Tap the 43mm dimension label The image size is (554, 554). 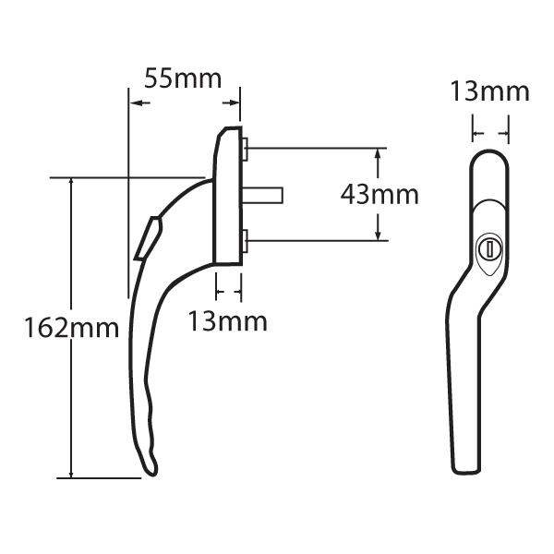pos(379,195)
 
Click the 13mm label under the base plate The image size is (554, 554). pos(227,321)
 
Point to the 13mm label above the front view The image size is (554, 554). pos(489,91)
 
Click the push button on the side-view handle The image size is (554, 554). pos(147,236)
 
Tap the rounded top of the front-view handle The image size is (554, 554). pos(488,159)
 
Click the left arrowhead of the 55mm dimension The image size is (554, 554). pos(134,102)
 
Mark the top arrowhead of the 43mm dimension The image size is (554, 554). pos(378,151)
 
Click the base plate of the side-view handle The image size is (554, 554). pos(228,199)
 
